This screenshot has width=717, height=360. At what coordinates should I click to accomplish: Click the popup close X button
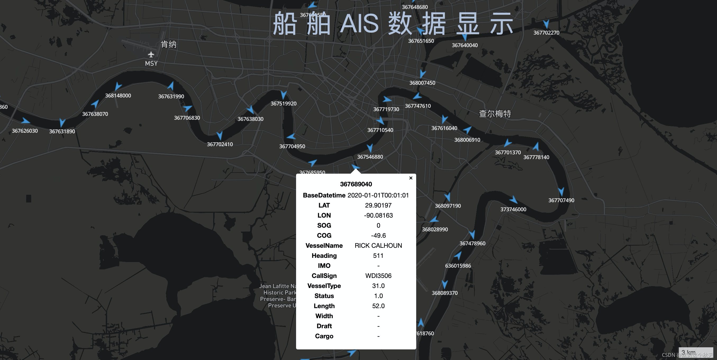point(411,178)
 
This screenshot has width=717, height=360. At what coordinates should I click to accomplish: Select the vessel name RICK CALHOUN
point(378,246)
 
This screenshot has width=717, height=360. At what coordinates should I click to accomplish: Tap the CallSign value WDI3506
point(378,276)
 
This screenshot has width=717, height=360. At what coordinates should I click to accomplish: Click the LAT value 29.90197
point(378,205)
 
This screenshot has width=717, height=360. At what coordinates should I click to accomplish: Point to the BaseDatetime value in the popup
point(378,195)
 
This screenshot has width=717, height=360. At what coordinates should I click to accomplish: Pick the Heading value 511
point(378,256)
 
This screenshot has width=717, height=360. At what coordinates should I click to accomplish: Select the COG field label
point(324,236)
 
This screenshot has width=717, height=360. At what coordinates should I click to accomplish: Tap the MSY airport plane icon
point(151,54)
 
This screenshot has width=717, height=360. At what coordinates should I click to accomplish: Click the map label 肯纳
point(168,44)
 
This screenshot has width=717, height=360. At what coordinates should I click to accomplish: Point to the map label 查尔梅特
point(494,114)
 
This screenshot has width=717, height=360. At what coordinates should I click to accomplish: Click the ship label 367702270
point(546,33)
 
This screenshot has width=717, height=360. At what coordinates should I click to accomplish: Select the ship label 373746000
point(513,209)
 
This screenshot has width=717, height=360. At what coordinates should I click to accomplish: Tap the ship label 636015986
point(458,265)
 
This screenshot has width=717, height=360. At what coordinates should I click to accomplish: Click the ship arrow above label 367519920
point(284,95)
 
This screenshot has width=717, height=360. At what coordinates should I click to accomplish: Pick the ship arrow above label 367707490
point(561,192)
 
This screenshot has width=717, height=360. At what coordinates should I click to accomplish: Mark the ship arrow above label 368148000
point(118,86)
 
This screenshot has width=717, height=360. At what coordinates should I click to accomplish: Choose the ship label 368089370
point(444,293)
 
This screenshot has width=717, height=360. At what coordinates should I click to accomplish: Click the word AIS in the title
point(359,23)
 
